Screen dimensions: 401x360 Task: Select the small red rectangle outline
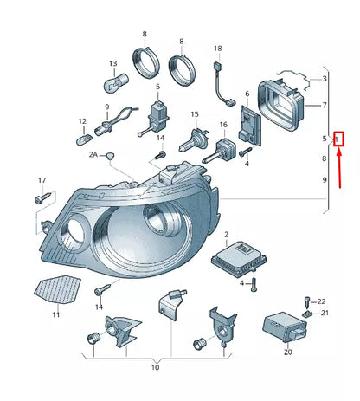[x=339, y=138]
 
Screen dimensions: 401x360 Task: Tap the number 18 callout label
[x=218, y=49]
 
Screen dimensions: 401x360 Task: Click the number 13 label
[x=112, y=64]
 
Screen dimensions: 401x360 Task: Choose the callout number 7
[x=324, y=107]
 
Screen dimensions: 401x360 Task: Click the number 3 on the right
[x=324, y=80]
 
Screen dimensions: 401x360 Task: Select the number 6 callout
[x=247, y=94]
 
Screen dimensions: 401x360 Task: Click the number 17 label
[x=40, y=180]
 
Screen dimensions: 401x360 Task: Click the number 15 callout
[x=196, y=114]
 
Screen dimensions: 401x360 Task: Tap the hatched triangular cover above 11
[x=57, y=288]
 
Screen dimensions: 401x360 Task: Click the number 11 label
[x=56, y=314]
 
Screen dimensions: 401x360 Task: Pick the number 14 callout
[x=100, y=307]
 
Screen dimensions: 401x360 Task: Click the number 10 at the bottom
[x=155, y=368]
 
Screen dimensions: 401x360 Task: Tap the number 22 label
[x=322, y=301]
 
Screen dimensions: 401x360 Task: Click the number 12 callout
[x=82, y=121]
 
